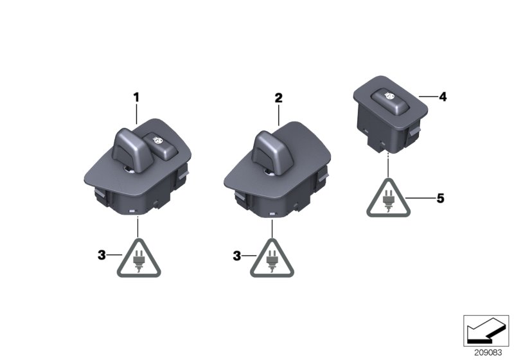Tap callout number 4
443,97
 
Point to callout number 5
440,199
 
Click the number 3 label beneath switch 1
102,255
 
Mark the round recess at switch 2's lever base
267,172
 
